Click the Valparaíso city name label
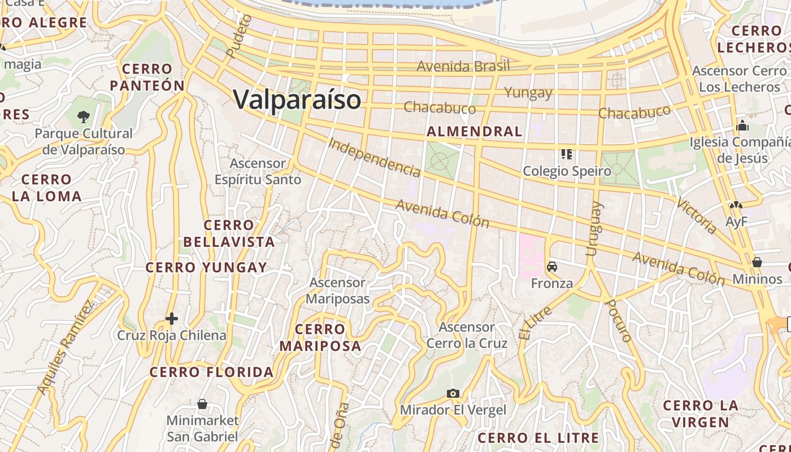tap(297, 100)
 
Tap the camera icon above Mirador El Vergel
tap(453, 393)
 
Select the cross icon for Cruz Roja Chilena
tap(172, 319)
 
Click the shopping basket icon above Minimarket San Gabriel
tap(202, 404)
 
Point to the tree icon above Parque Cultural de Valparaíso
tap(84, 117)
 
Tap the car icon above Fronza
tap(552, 267)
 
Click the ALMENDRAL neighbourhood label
tap(475, 132)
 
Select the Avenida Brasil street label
tap(463, 66)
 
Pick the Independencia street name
tap(375, 157)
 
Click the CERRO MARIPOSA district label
tap(320, 337)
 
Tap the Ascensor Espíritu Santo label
tap(258, 171)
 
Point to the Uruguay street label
tap(594, 229)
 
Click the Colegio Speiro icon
tap(567, 154)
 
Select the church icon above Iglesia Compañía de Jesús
tap(742, 125)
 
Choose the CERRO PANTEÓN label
tap(147, 77)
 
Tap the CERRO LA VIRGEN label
tap(700, 414)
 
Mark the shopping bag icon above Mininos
tap(757, 262)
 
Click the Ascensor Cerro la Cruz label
tap(467, 335)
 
